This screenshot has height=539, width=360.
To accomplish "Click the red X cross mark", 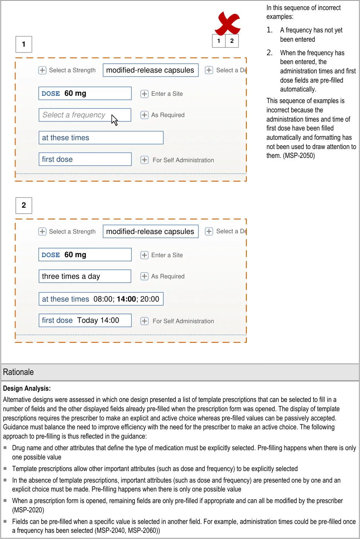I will click(228, 23).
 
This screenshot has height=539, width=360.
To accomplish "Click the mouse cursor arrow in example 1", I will click(114, 120).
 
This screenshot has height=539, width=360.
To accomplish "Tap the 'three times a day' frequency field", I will click(85, 276).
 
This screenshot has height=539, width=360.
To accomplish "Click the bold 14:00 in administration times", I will click(126, 299).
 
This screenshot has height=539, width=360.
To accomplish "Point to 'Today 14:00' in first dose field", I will click(98, 320).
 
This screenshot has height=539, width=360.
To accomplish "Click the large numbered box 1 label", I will click(24, 44).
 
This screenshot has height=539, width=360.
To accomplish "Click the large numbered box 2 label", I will click(24, 205).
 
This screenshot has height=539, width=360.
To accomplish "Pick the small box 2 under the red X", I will click(232, 41).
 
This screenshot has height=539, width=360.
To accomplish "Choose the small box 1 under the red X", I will click(219, 41).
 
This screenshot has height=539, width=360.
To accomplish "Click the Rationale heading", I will click(19, 372).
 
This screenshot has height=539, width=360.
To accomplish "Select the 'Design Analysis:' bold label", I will click(27, 388).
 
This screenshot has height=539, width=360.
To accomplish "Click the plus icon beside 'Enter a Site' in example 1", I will click(144, 94).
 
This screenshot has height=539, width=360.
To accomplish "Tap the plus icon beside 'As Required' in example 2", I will click(144, 276).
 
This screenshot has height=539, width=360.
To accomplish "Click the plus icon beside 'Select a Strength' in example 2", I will click(42, 232).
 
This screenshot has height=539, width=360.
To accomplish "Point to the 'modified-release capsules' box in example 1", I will click(150, 70).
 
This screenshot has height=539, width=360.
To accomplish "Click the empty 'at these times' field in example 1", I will click(101, 138).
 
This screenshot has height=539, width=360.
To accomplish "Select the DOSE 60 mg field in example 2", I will click(85, 255).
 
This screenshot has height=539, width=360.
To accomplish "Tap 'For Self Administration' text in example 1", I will click(183, 160).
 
